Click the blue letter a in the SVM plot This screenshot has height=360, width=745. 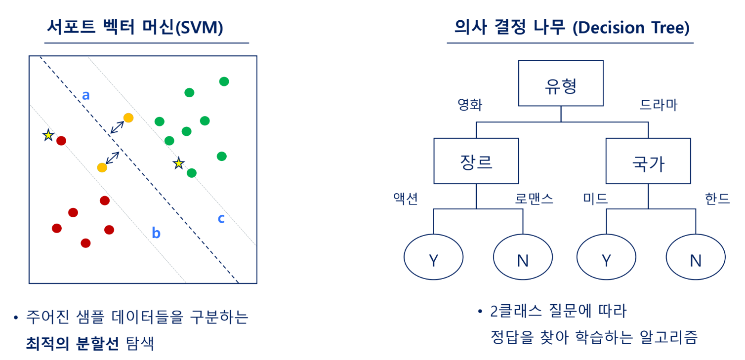[x=86, y=95]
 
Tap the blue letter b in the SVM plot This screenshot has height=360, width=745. [x=156, y=233]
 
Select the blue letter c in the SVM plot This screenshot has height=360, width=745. [x=221, y=218]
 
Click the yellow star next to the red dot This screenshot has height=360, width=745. [x=48, y=135]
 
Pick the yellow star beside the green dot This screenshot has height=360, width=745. [x=179, y=163]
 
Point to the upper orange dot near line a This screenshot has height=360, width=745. [x=128, y=118]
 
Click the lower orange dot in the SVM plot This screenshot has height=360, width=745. [x=102, y=167]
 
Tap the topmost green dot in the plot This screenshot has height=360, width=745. [x=224, y=81]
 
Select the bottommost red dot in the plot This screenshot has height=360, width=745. [x=85, y=243]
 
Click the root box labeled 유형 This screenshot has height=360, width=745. [x=561, y=83]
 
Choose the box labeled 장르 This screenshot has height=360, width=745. [x=476, y=161]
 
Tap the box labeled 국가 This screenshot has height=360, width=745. [x=648, y=161]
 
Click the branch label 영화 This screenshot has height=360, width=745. [x=470, y=105]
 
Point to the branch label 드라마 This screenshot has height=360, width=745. [x=658, y=105]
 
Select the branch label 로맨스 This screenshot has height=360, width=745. [x=534, y=199]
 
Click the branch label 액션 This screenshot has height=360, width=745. [x=406, y=199]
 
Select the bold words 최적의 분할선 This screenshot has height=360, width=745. [x=72, y=343]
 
